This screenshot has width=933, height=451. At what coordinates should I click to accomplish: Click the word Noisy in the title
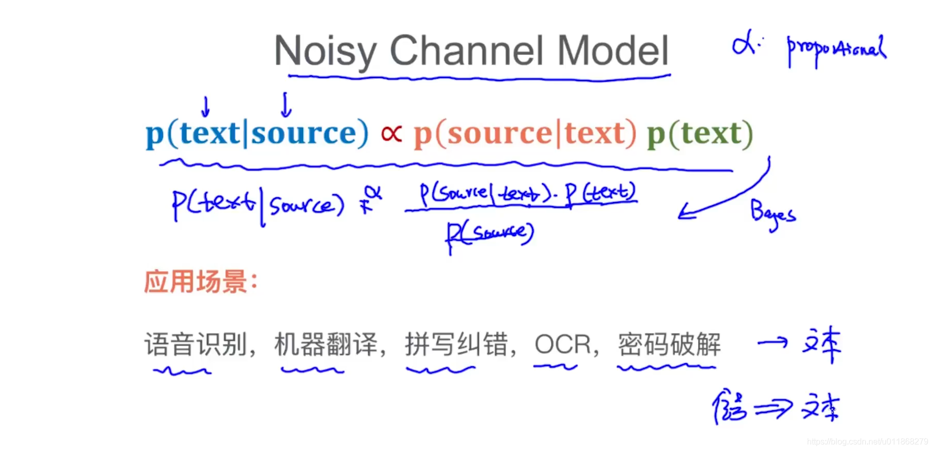[325, 51]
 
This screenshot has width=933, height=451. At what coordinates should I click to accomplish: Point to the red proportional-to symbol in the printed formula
[391, 134]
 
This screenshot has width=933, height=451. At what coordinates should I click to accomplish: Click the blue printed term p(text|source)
[257, 134]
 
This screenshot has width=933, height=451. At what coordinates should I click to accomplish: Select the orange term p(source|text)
[525, 134]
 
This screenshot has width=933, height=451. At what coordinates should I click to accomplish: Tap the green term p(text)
[700, 134]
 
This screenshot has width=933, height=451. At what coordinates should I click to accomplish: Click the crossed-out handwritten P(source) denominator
[489, 235]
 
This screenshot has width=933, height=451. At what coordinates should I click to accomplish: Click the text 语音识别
[196, 344]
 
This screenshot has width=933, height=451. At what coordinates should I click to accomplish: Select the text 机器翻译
[326, 344]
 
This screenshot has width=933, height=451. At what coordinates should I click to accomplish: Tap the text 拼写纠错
[456, 344]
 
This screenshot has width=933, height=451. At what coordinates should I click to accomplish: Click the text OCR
[563, 344]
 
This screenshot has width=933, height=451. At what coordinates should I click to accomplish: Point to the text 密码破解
[669, 344]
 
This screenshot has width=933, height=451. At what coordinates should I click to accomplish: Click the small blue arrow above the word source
[286, 105]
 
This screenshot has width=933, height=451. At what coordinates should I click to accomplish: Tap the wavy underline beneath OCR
[555, 367]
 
